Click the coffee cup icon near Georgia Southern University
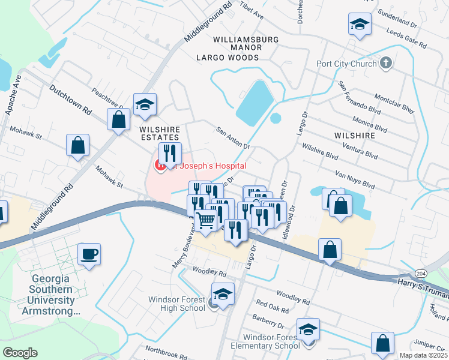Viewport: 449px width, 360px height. point(89,254)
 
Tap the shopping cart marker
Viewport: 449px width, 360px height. point(206,220)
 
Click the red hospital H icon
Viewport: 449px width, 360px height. point(161,165)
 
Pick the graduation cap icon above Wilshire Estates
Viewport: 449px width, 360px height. point(145,104)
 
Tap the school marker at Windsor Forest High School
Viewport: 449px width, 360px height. point(223,295)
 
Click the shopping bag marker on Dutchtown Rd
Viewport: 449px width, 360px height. point(118,119)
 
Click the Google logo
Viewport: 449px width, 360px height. point(19,353)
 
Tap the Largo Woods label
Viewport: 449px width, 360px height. point(227,58)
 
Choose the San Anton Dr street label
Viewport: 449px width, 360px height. point(232,137)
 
